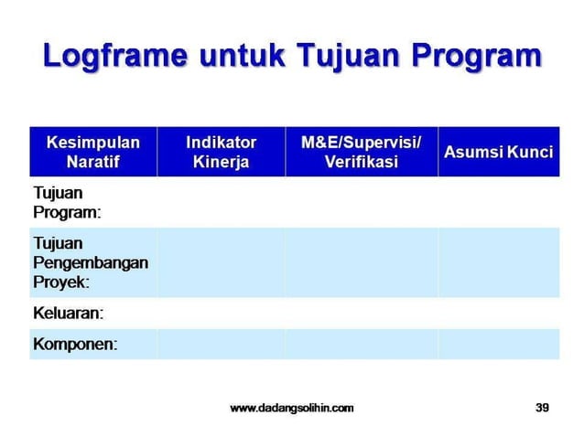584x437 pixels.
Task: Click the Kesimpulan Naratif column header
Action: coord(92,152)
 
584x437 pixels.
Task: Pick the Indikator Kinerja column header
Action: coord(221,152)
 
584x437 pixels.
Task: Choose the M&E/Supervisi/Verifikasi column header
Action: coord(361,152)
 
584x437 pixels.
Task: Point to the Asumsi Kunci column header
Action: coord(498,152)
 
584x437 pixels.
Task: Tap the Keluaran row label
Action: coord(68,313)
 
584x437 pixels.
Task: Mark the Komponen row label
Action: coord(74,345)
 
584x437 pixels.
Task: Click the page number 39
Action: coord(542,408)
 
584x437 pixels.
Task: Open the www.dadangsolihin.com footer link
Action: coord(291,408)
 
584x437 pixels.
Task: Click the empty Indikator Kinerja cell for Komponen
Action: coord(221,345)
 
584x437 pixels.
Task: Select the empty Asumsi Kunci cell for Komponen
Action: coord(498,345)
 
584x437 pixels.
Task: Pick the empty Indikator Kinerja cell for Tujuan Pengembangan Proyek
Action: coord(221,262)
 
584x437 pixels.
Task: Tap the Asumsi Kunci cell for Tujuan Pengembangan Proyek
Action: coord(498,262)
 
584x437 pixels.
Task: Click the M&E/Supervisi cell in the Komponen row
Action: coord(361,345)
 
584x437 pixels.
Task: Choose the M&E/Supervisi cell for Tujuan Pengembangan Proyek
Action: coord(361,262)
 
